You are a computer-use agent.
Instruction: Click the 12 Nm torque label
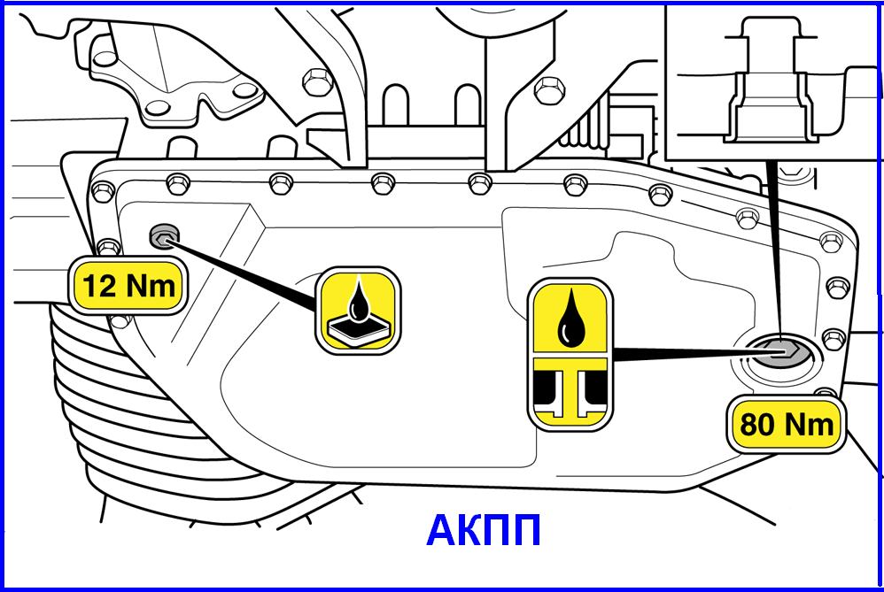point(129,286)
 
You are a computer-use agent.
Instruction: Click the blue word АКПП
point(484,531)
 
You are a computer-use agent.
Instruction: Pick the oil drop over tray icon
point(358,311)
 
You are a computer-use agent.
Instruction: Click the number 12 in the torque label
point(100,286)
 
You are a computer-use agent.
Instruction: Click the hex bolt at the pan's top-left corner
point(103,191)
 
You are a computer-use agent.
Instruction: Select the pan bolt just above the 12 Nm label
point(108,247)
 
